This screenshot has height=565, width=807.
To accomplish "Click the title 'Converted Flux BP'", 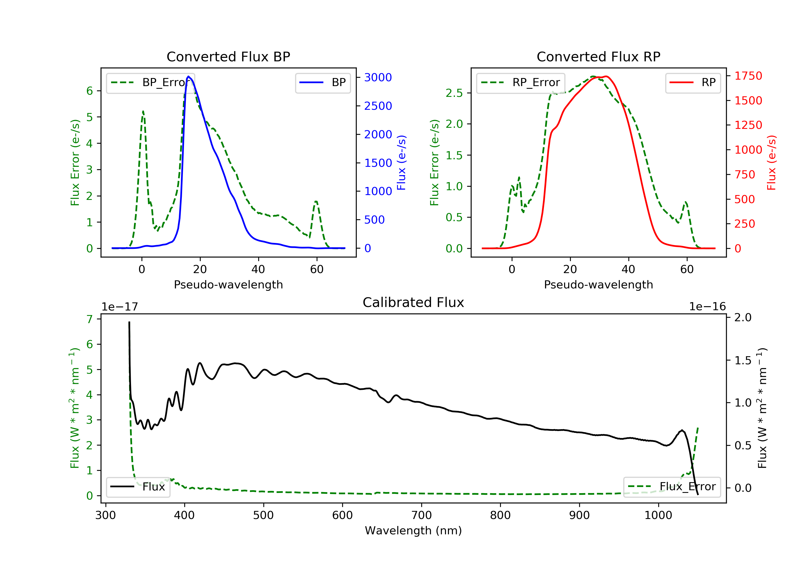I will click(x=228, y=56).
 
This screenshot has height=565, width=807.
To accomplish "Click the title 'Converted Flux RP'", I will click(x=598, y=56).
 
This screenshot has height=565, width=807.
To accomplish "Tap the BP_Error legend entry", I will click(x=150, y=83).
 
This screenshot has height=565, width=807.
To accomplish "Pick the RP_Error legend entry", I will click(x=520, y=83).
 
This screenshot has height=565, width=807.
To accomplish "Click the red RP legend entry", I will click(x=693, y=83).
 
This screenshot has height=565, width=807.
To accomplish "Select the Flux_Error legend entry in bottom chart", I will click(x=672, y=487).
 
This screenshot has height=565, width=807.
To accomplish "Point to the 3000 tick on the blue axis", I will click(x=378, y=77).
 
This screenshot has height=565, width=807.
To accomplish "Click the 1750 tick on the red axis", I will click(x=748, y=76).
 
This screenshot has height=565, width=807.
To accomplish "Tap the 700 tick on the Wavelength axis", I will click(x=422, y=515).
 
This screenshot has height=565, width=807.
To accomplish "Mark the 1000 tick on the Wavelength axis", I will click(x=658, y=515).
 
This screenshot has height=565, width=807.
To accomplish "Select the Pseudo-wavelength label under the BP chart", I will click(x=228, y=284).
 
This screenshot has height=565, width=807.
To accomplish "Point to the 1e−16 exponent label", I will click(x=707, y=307).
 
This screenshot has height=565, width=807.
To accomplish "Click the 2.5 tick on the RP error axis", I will click(x=454, y=93).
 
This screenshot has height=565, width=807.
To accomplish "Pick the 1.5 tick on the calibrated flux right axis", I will click(x=743, y=360).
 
